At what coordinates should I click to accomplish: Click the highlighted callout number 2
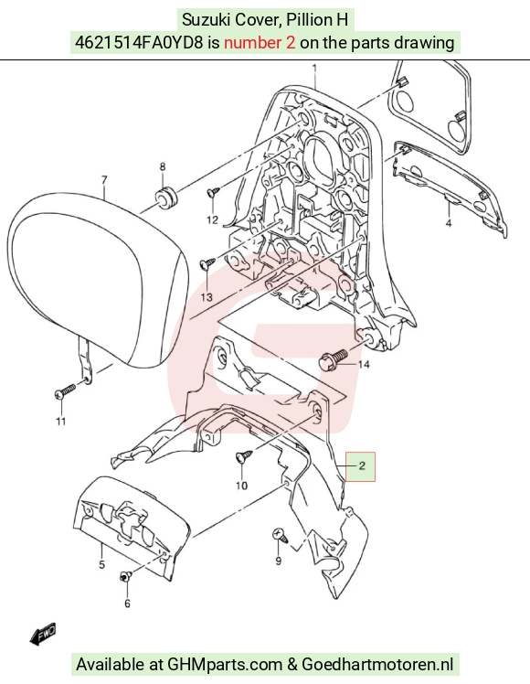[x=362, y=465]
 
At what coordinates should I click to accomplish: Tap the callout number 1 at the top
[x=314, y=68]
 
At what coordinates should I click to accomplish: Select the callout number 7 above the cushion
[x=104, y=180]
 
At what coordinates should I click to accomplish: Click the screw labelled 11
[x=65, y=391]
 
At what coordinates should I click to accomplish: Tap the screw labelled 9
[x=280, y=535]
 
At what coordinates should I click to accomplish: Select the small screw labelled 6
[x=125, y=577]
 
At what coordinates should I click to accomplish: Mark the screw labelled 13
[x=207, y=264]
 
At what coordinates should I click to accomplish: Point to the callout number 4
[x=449, y=223]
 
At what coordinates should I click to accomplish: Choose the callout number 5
[x=101, y=564]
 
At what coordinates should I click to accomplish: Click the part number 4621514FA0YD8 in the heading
[x=139, y=42]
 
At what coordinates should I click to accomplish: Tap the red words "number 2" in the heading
[x=260, y=42]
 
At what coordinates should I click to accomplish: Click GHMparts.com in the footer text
[x=225, y=665]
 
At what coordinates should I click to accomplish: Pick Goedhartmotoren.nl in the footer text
[x=377, y=665]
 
